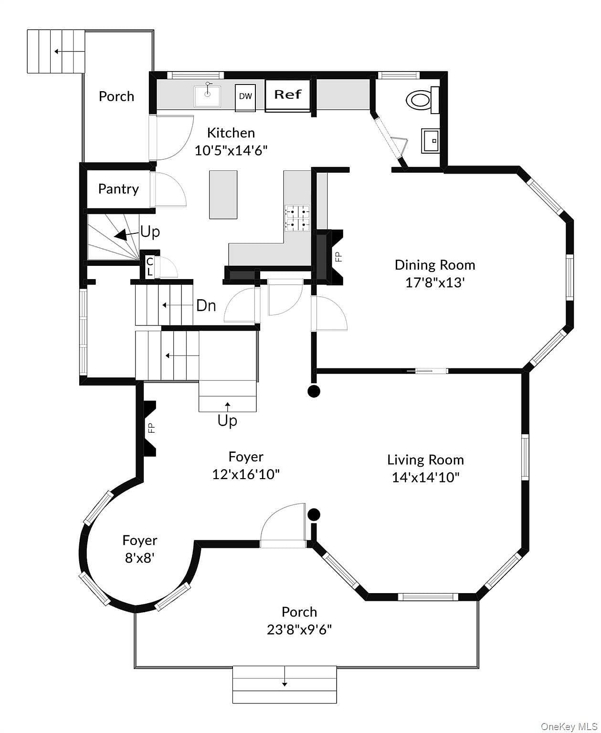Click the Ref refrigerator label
pyautogui.click(x=287, y=94)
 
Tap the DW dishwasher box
pyautogui.click(x=245, y=96)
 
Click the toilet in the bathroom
pyautogui.click(x=419, y=100)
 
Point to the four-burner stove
pyautogui.click(x=297, y=218)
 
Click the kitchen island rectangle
pyautogui.click(x=223, y=195)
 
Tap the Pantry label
pyautogui.click(x=118, y=189)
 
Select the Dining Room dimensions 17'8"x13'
pyautogui.click(x=435, y=283)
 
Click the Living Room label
pyautogui.click(x=425, y=460)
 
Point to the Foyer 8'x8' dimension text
pyautogui.click(x=139, y=557)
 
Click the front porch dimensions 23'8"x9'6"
pyautogui.click(x=299, y=630)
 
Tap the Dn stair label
pyautogui.click(x=206, y=305)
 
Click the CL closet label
pyautogui.click(x=149, y=267)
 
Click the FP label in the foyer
pyautogui.click(x=151, y=428)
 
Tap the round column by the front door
pyautogui.click(x=314, y=514)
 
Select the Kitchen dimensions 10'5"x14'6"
pyautogui.click(x=231, y=151)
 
